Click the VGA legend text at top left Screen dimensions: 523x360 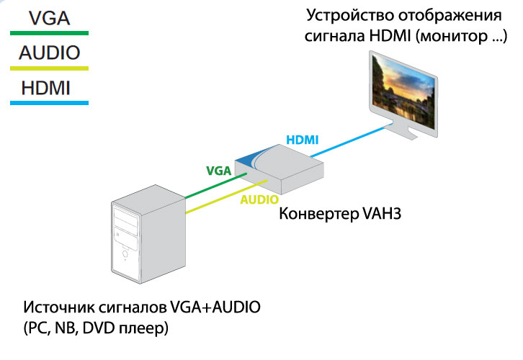click(50, 18)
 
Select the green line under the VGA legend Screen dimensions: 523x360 click(50, 33)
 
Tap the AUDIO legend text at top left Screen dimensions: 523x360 click(50, 53)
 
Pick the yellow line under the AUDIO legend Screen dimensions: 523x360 click(50, 68)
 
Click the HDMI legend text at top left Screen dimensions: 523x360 click(45, 88)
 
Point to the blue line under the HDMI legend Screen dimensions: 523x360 click(50, 103)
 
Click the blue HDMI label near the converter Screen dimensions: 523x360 click(303, 140)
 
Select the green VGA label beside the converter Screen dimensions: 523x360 click(219, 171)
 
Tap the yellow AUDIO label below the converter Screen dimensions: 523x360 click(259, 199)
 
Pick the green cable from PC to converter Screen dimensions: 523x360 click(215, 185)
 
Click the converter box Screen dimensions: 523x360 click(280, 169)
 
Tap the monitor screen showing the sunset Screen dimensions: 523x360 click(403, 91)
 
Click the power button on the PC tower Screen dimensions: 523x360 click(125, 254)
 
